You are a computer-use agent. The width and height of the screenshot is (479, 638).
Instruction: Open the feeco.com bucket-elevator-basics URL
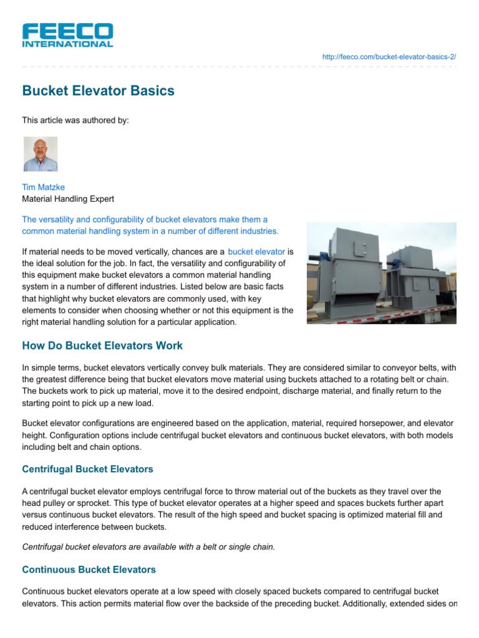coord(389,57)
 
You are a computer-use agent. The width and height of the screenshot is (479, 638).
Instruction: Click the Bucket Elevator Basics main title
coord(98,91)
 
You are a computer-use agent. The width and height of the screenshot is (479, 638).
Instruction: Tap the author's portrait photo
coord(41,154)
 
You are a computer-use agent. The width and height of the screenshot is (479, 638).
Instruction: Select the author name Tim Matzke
coord(43,187)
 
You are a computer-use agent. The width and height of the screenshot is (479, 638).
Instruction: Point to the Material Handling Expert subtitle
coord(68,199)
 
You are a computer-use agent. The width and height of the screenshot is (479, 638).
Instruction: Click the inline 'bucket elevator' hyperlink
coord(256,252)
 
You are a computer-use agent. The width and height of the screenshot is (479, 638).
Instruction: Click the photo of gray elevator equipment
coord(381,273)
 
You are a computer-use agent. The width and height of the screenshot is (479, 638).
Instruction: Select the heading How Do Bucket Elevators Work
coord(102,346)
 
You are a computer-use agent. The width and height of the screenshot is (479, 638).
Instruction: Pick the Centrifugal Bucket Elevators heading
coord(87,469)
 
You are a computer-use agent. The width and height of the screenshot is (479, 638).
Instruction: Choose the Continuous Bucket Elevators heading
coord(89,569)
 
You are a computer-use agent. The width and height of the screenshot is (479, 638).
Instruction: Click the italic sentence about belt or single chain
coord(148,547)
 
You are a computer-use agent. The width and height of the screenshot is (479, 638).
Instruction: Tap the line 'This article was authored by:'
coord(75,120)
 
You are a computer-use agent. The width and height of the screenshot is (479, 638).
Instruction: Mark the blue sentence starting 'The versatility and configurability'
coord(150,225)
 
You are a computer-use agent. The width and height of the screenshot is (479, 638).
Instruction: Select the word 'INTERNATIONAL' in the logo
coord(67,44)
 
